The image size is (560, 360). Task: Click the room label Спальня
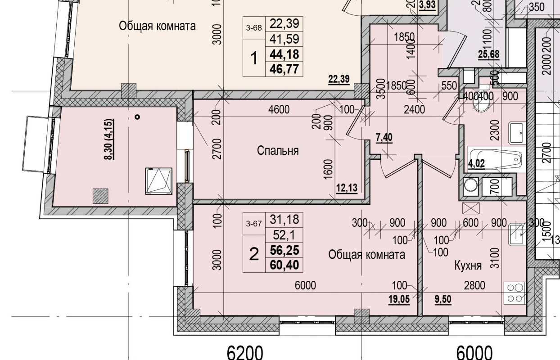(x=278, y=150)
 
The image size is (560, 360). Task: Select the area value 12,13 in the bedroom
(x=346, y=188)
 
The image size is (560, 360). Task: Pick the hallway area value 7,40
(x=384, y=137)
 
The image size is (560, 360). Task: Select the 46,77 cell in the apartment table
(x=285, y=69)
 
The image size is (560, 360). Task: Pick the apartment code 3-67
(x=254, y=224)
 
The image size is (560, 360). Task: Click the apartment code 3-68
(x=254, y=27)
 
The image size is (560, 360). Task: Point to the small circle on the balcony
(x=137, y=117)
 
